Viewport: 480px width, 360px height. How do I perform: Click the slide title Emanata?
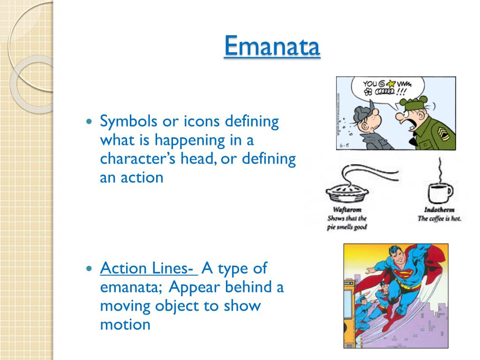(272, 46)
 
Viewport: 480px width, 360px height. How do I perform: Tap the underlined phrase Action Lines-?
(147, 269)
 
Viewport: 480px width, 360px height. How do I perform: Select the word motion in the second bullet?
(125, 324)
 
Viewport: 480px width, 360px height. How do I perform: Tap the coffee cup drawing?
(440, 191)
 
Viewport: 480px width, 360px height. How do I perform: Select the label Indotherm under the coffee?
(439, 210)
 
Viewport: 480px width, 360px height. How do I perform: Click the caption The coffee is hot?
(439, 218)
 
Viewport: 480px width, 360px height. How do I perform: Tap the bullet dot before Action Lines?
(90, 269)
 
